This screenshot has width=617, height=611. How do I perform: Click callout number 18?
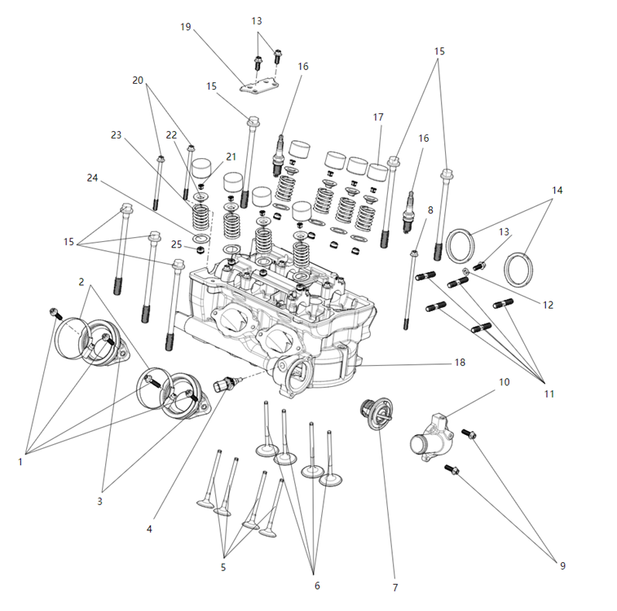[460, 362]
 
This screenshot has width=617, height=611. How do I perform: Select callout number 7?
[394, 587]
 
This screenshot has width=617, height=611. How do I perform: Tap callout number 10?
[505, 381]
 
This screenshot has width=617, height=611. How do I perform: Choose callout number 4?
[149, 529]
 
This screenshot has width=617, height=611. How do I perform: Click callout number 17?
[378, 117]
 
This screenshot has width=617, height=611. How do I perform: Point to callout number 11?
[549, 393]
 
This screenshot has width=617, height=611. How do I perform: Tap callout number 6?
[317, 585]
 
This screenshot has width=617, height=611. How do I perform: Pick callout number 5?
[223, 567]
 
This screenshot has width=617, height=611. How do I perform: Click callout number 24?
[92, 177]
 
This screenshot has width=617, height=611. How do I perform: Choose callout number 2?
[82, 281]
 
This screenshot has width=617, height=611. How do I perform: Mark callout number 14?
[557, 190]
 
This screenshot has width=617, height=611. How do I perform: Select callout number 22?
[171, 134]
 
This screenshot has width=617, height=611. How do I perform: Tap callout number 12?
[548, 305]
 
